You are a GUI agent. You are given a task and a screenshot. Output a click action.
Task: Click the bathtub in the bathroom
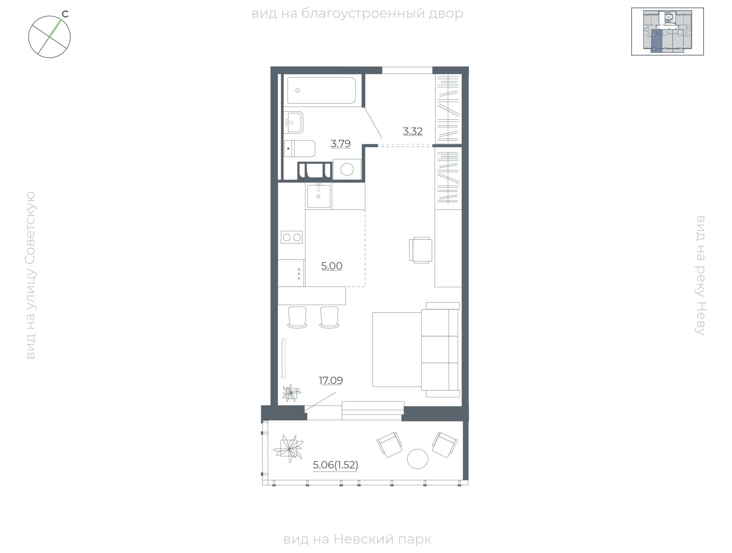tap(321, 90)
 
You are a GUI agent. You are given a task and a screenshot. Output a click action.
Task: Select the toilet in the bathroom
tap(300, 148)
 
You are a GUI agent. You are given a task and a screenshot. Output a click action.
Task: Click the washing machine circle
tap(347, 169)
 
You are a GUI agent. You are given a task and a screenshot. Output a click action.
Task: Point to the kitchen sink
tap(319, 196)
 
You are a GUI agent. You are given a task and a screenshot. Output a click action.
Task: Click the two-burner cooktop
tap(292, 237)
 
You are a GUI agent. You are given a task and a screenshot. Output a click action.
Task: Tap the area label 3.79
tap(341, 144)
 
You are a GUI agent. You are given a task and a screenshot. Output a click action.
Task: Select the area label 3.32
tap(413, 131)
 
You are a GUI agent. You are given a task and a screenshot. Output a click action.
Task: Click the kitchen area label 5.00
tap(332, 266)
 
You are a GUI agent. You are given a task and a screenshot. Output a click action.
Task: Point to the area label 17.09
tap(331, 381)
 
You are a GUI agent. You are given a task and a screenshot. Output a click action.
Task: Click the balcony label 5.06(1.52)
tap(335, 465)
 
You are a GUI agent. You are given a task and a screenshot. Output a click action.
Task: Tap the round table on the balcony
tap(417, 459)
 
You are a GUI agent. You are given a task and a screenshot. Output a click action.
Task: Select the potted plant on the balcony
tap(288, 448)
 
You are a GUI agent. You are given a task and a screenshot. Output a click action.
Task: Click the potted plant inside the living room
tap(291, 393)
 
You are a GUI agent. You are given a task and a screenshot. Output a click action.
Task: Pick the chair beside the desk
tap(420, 250)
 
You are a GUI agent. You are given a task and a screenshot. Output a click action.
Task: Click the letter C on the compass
tap(65, 14)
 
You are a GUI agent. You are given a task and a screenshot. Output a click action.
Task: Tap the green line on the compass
tap(56, 28)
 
